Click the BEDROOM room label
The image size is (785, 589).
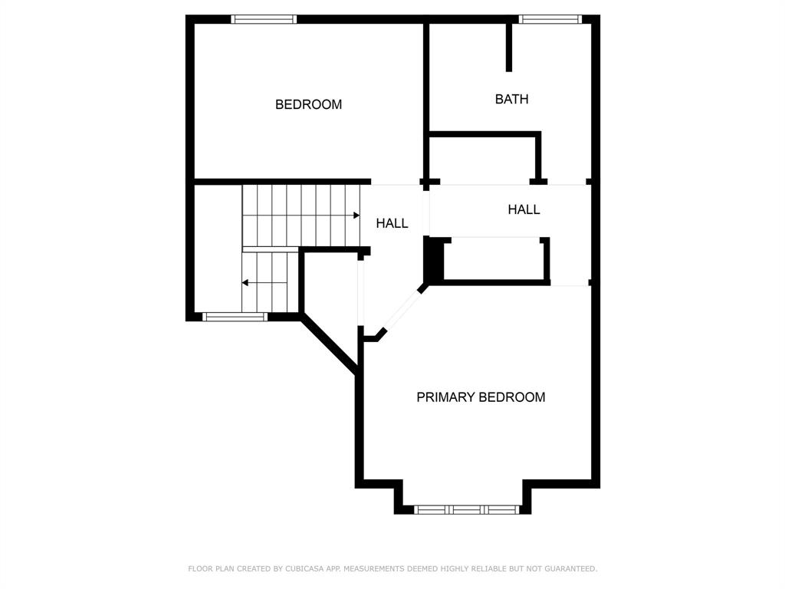(308, 104)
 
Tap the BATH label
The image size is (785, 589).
(511, 99)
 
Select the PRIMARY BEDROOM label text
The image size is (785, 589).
(481, 397)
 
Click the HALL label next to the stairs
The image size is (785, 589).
(392, 223)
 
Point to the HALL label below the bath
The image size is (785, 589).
(524, 209)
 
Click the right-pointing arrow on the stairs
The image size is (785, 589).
(356, 216)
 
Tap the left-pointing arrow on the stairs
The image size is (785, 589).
(245, 283)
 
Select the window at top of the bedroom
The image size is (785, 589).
(264, 19)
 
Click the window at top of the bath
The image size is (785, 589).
(550, 19)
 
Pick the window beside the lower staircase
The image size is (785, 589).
(235, 316)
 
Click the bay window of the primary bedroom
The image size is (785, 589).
(467, 508)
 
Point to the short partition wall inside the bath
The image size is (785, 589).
(508, 48)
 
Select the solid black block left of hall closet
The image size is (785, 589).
(434, 261)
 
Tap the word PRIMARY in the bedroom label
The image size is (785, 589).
(445, 397)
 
